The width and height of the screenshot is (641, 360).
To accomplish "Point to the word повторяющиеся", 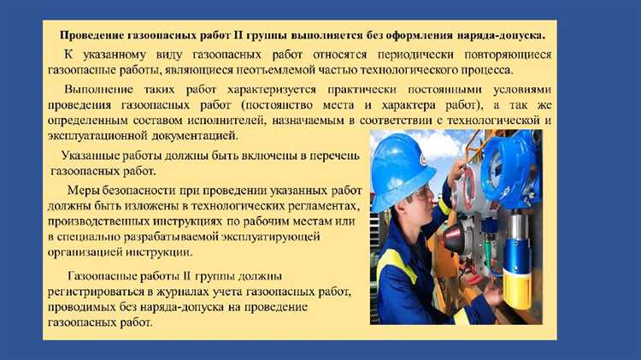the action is point(508,55).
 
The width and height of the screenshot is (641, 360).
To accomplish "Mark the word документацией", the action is point(195,136).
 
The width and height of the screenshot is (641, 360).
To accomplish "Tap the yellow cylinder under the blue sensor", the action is point(517,289).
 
